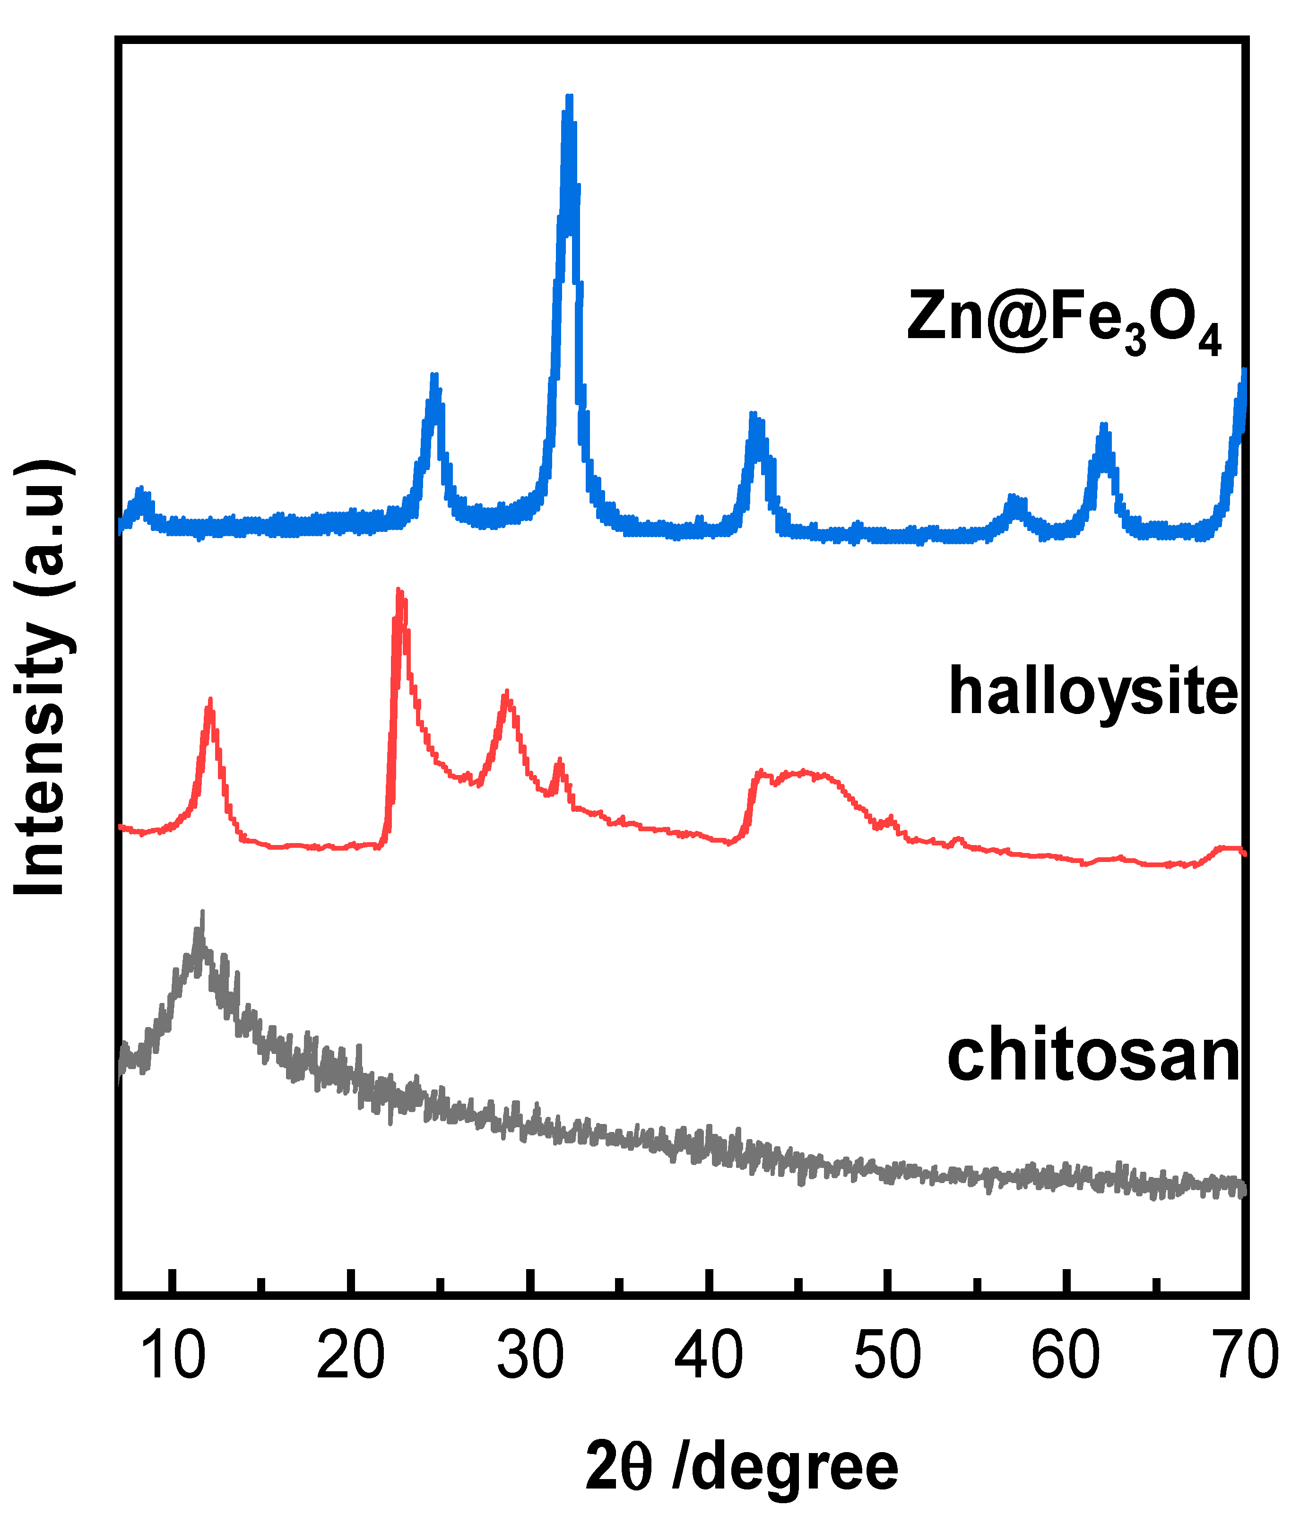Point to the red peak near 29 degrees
(x=506, y=695)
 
